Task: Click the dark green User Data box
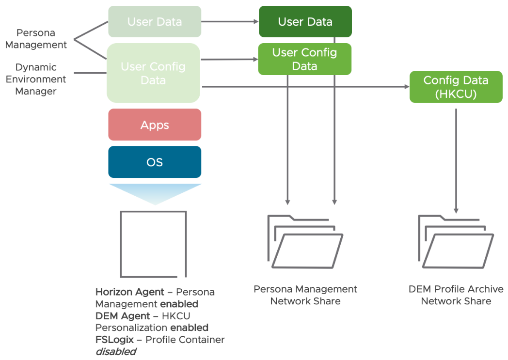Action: tap(305, 21)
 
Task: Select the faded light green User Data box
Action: tap(154, 21)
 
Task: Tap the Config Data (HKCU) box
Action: tap(456, 87)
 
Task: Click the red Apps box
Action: tap(154, 125)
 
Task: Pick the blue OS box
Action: tap(154, 162)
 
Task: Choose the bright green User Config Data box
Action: tap(304, 59)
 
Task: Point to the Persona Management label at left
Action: tap(36, 39)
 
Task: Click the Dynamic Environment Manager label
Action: tap(36, 79)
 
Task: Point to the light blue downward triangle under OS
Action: tap(155, 193)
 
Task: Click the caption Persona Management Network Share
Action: tap(305, 295)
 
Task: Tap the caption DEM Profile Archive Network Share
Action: tap(456, 295)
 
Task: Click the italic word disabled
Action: tap(115, 351)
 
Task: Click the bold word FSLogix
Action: tap(114, 340)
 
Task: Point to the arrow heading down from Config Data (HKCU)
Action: tap(456, 160)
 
